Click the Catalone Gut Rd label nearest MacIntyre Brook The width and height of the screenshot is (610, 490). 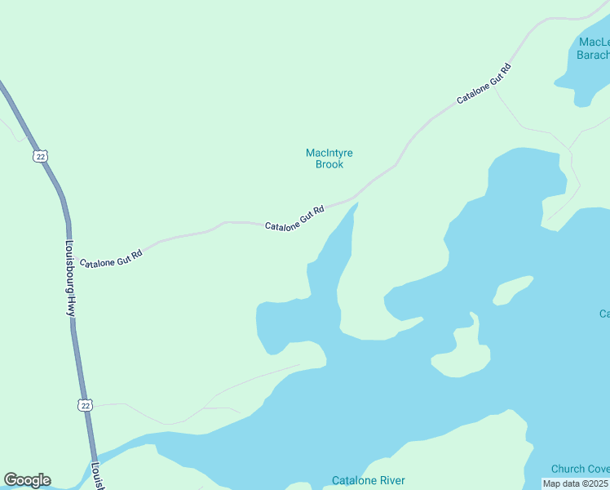click(x=294, y=217)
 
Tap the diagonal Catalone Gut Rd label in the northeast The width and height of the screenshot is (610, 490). click(x=484, y=83)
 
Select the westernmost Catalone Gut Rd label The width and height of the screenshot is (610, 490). click(x=111, y=255)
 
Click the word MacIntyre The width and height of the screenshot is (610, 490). click(x=329, y=153)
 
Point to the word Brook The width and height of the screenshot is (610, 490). click(x=329, y=164)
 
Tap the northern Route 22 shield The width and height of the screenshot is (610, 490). click(x=39, y=155)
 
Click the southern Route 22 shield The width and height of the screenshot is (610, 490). click(x=85, y=404)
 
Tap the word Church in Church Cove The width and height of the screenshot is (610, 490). click(x=568, y=469)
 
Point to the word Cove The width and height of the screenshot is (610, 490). click(x=598, y=469)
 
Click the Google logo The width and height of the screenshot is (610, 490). click(x=27, y=480)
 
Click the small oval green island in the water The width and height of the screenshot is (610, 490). click(x=513, y=290)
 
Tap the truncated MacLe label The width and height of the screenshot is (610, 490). click(x=594, y=42)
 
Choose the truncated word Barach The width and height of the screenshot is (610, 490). click(x=593, y=55)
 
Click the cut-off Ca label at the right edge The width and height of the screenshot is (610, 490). click(x=604, y=314)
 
